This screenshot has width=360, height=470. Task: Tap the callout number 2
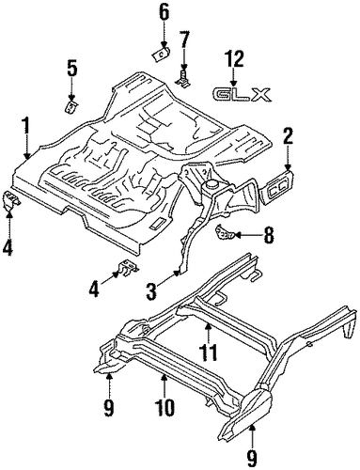pyautogui.click(x=288, y=135)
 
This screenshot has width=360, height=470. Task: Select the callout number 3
pyautogui.click(x=151, y=291)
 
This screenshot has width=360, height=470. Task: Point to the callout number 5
pyautogui.click(x=71, y=69)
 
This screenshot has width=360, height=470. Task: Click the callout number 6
pyautogui.click(x=164, y=13)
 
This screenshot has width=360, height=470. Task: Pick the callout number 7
pyautogui.click(x=184, y=40)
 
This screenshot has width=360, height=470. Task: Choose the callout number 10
pyautogui.click(x=165, y=407)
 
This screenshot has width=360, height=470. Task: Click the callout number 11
pyautogui.click(x=209, y=352)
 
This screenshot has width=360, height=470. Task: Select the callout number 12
pyautogui.click(x=233, y=59)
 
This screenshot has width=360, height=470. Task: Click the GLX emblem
pyautogui.click(x=241, y=95)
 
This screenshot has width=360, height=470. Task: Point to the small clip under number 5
pyautogui.click(x=71, y=107)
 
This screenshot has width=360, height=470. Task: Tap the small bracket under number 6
pyautogui.click(x=161, y=55)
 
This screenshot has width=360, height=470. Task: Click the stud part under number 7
pyautogui.click(x=184, y=79)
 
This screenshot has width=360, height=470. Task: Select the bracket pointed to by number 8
pyautogui.click(x=224, y=232)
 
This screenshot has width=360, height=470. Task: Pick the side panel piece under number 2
pyautogui.click(x=278, y=187)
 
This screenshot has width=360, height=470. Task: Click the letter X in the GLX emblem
pyautogui.click(x=261, y=95)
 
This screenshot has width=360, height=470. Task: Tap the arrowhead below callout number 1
pyautogui.click(x=26, y=156)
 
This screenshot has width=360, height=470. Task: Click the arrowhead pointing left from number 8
pyautogui.click(x=238, y=234)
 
